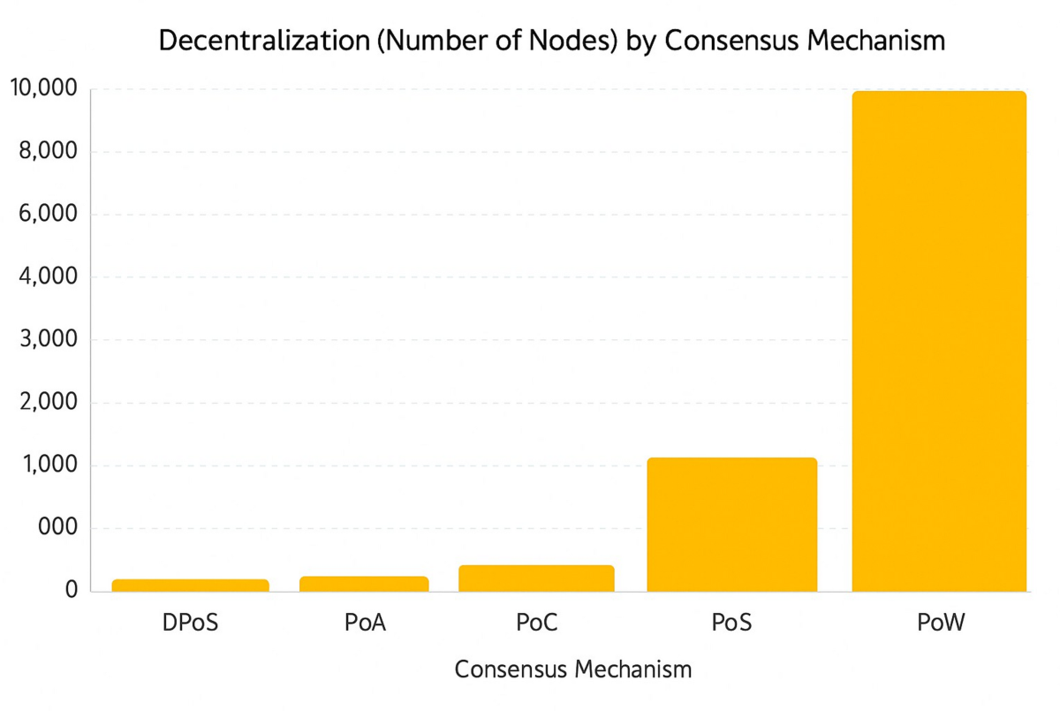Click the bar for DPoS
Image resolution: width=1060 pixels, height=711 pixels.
(190, 586)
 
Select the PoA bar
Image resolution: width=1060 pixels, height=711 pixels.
(364, 584)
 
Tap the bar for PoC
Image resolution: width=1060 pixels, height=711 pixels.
(536, 579)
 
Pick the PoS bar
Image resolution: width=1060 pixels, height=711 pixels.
(731, 525)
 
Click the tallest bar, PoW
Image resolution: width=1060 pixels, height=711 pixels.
(938, 341)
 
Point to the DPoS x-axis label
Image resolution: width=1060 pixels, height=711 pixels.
(190, 624)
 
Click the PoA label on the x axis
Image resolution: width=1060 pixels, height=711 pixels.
(365, 624)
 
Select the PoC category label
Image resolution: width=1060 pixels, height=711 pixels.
(537, 624)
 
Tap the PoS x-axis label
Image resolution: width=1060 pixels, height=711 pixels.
(731, 624)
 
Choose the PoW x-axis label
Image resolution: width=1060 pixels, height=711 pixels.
(940, 624)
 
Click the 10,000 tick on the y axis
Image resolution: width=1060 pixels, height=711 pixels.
(42, 89)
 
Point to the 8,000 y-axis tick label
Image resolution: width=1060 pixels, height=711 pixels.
(48, 152)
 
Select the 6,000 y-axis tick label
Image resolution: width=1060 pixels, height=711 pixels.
(48, 215)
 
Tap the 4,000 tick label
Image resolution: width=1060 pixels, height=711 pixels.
(48, 277)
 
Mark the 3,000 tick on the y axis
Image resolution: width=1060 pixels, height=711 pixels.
(48, 340)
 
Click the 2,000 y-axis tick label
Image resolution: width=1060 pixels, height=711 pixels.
(48, 403)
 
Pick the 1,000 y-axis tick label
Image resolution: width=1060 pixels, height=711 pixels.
(48, 465)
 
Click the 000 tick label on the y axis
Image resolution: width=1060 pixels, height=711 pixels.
(57, 528)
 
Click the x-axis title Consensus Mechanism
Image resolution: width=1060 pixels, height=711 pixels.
(572, 669)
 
